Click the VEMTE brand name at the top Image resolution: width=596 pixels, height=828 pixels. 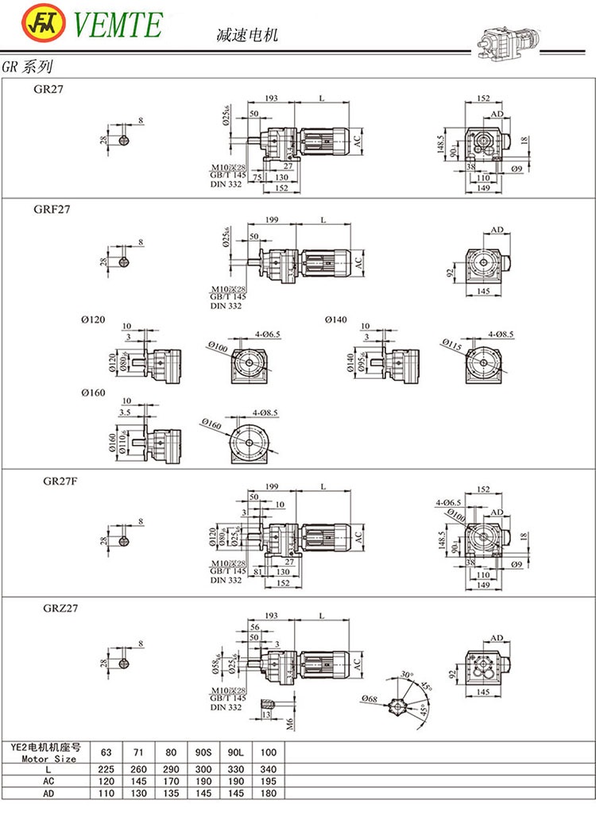coord(118,25)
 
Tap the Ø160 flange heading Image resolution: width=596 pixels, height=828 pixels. coord(93,393)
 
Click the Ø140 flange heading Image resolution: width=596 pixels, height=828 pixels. coord(336,319)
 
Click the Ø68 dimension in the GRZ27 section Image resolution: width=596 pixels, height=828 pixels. coord(369,698)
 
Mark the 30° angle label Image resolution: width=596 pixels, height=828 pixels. coord(408,674)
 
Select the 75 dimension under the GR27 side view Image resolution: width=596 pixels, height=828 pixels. coord(257,177)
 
